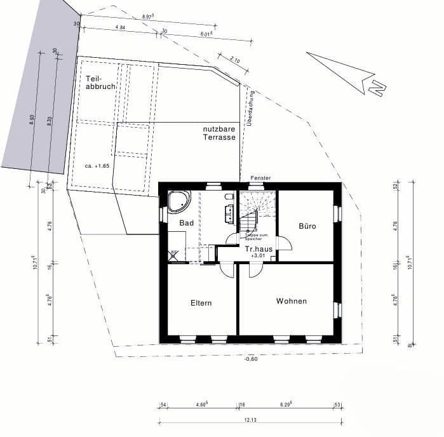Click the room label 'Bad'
coord(186,223)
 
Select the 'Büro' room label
coord(307,225)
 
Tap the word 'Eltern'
coord(201,303)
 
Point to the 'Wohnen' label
coord(292,301)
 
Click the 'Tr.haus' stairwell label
coord(259,249)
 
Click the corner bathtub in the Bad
coord(178,201)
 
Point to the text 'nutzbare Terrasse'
coord(220,133)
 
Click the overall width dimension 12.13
coord(250,419)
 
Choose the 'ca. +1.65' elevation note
coord(97,165)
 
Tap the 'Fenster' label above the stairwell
coord(261,178)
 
